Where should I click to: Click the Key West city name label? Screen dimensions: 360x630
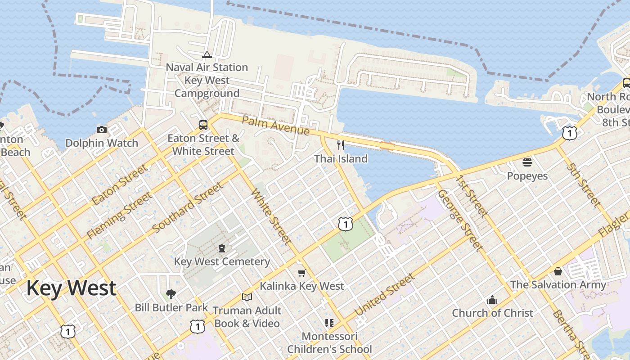71,288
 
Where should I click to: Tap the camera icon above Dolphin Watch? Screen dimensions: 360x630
102,130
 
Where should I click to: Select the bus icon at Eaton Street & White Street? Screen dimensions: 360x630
203,125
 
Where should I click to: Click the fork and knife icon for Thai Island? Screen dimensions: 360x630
341,145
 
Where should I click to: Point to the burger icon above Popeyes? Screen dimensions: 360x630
527,162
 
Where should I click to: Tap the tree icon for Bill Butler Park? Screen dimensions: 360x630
171,294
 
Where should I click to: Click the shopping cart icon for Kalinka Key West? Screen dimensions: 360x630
301,273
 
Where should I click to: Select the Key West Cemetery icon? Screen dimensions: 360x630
221,248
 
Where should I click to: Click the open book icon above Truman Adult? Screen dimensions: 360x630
247,297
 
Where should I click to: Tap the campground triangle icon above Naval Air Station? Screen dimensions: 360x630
207,54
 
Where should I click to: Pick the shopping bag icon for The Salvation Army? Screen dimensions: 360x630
558,271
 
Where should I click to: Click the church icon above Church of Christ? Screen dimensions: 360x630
492,300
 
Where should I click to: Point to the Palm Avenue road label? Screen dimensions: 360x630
275,126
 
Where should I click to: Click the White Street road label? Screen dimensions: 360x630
271,216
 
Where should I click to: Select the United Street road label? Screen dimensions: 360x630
385,295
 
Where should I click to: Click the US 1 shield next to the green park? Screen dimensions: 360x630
345,224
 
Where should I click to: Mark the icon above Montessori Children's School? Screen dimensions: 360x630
329,323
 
